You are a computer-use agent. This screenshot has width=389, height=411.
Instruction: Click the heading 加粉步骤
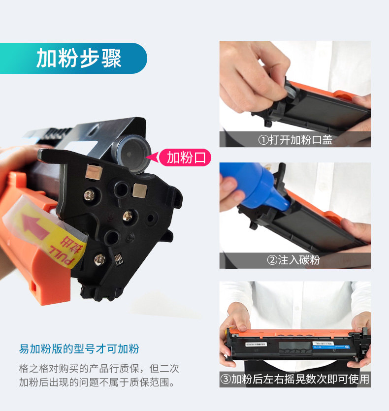(79, 58)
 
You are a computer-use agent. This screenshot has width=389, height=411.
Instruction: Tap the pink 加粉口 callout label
(185, 158)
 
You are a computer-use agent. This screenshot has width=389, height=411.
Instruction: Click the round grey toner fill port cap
(133, 154)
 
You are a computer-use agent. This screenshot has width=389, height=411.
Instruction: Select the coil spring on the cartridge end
(119, 259)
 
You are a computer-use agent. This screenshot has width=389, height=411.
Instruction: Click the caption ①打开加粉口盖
(295, 140)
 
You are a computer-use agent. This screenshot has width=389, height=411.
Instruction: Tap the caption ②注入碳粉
(293, 260)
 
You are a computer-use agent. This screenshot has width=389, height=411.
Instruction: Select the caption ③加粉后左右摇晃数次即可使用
(295, 379)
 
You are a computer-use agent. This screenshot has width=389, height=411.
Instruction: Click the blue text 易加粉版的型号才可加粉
(79, 349)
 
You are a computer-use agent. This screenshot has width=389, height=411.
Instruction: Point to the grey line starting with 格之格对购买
(99, 369)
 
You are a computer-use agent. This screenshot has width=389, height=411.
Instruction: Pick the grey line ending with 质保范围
(97, 382)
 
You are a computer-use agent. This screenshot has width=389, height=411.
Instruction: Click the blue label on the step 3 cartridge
(331, 347)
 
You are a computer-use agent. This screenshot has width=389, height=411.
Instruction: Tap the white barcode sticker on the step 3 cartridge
(256, 344)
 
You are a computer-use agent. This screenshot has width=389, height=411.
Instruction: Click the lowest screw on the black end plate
(99, 259)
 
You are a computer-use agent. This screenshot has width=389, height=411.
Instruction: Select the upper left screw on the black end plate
(89, 195)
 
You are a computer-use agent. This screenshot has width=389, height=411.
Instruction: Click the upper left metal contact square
(94, 172)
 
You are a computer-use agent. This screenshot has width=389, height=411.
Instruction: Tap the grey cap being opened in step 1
(291, 91)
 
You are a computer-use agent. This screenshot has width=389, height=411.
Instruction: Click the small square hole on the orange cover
(33, 287)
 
